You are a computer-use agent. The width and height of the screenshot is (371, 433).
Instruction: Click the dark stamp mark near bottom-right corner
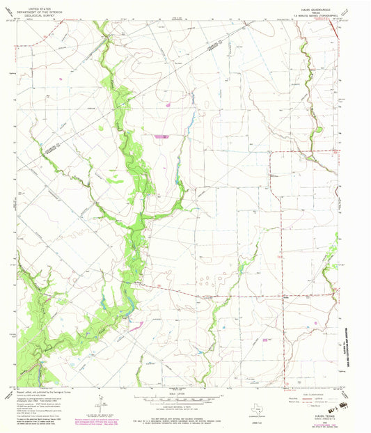(343, 404)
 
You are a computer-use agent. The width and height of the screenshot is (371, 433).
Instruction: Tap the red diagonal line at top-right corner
(334, 29)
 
